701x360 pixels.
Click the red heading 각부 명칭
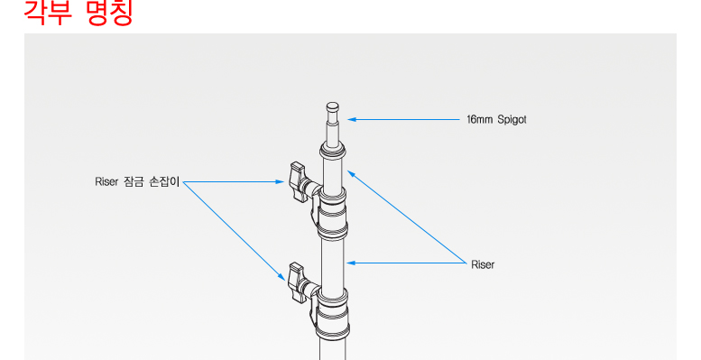(78, 13)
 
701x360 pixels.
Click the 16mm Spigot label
(496, 120)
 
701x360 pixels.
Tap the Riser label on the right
(483, 264)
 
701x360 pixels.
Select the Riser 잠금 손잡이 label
(137, 182)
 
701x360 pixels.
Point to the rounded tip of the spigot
(333, 106)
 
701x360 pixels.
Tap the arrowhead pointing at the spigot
(352, 119)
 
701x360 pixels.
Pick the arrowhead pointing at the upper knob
(280, 182)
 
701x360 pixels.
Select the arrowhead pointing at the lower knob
(281, 277)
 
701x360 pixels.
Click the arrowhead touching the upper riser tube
(351, 174)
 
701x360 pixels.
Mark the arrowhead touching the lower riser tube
(351, 263)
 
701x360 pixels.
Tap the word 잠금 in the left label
(133, 182)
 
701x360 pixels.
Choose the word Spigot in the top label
(512, 120)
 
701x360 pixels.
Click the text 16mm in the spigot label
(479, 119)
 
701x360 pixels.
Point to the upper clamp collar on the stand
(332, 213)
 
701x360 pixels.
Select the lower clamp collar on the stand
(333, 313)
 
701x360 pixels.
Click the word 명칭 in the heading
(108, 13)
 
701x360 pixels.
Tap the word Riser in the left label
(106, 182)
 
